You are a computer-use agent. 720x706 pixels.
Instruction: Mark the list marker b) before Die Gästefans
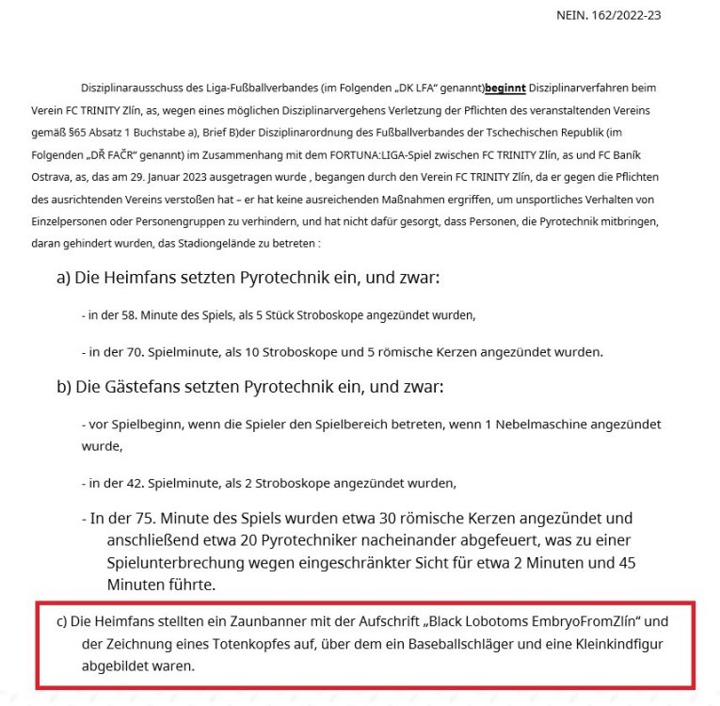pyautogui.click(x=67, y=387)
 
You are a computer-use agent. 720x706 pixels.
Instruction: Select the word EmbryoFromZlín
pyautogui.click(x=584, y=623)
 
